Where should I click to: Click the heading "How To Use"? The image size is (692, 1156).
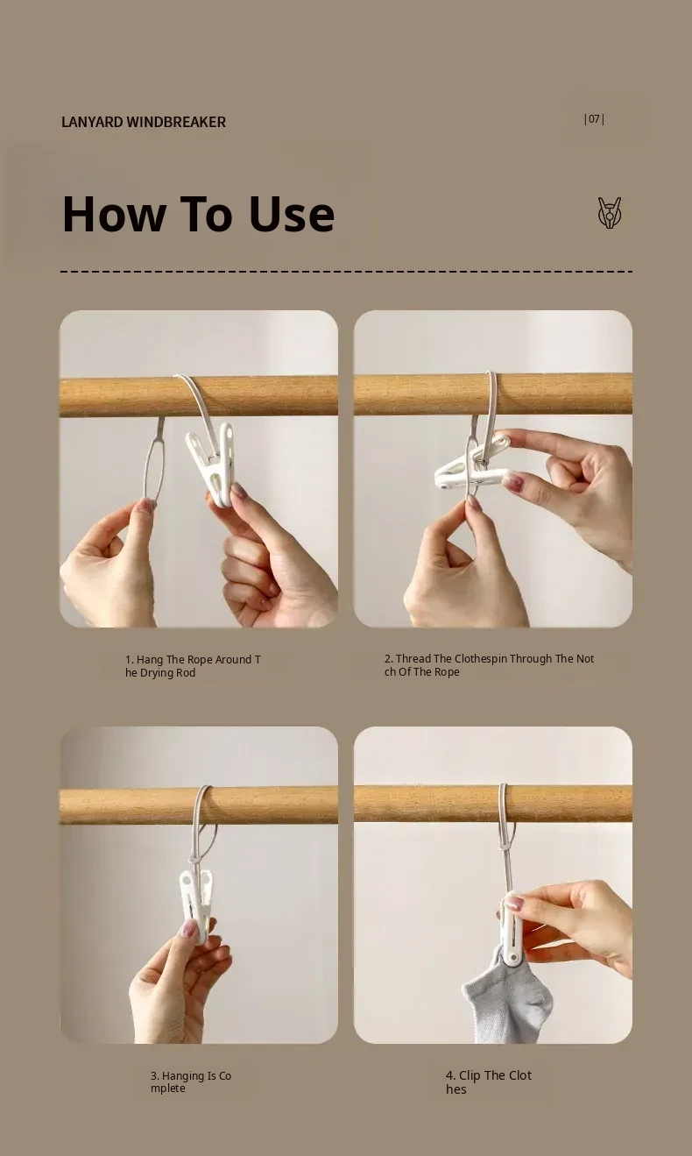[x=199, y=214]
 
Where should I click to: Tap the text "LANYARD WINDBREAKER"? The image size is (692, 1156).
[x=144, y=123]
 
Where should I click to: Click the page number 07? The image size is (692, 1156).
[x=594, y=119]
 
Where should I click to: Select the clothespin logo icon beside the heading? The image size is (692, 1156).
[x=610, y=213]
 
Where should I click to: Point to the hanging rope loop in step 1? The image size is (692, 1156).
[x=154, y=462]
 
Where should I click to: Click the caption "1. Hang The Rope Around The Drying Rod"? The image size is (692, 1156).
[x=193, y=666]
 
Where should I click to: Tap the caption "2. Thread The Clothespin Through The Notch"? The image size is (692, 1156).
[x=489, y=665]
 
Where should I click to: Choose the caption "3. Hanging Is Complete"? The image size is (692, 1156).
[x=191, y=1082]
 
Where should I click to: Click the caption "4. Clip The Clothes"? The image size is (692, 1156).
[x=488, y=1082]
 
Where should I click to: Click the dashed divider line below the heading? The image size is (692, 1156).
[x=347, y=271]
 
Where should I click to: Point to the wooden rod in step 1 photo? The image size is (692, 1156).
[x=199, y=396]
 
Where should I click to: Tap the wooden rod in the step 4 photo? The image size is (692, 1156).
[x=493, y=804]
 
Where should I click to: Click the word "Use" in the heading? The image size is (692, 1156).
[x=292, y=214]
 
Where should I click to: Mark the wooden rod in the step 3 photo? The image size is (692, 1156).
[x=199, y=805]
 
